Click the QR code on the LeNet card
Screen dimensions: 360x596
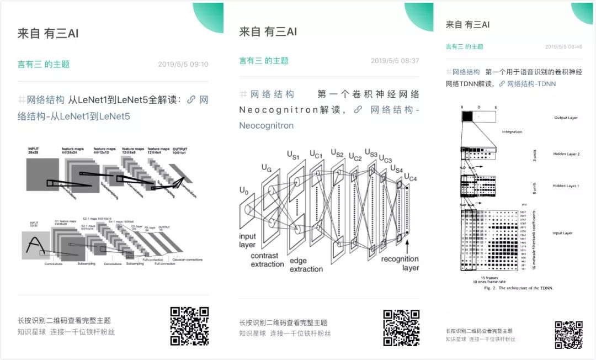click(189, 326)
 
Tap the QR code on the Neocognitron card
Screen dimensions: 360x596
click(402, 327)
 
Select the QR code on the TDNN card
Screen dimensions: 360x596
click(568, 335)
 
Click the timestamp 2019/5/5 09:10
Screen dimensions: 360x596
click(183, 65)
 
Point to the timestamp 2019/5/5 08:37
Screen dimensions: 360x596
click(395, 61)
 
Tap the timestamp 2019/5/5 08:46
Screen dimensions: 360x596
click(563, 47)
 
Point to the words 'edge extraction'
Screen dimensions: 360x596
click(306, 264)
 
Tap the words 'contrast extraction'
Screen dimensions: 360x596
click(267, 260)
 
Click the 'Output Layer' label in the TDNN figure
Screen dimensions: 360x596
click(566, 118)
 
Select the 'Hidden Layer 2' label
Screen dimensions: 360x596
click(566, 154)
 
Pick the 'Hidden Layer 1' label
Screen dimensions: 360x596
click(566, 186)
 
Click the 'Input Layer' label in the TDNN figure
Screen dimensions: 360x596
click(563, 233)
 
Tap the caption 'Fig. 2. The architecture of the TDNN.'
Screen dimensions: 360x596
click(518, 288)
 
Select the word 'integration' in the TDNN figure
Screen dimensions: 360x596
click(512, 131)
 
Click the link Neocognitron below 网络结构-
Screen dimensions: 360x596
click(266, 125)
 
